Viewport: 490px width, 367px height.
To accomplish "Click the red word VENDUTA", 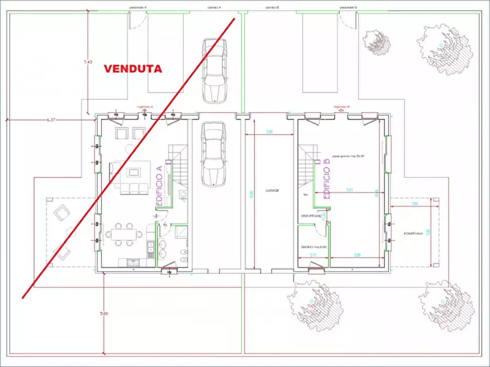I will click(x=133, y=69).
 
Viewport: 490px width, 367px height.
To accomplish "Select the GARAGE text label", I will click(x=272, y=191).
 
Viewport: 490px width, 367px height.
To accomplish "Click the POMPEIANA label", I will click(x=412, y=233).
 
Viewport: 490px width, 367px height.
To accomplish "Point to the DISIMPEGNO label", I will click(x=311, y=216).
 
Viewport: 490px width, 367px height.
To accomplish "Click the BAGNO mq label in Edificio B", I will click(x=314, y=247).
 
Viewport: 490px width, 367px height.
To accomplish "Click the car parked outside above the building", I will click(x=213, y=70).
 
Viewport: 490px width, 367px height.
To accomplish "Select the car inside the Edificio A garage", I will click(x=213, y=154).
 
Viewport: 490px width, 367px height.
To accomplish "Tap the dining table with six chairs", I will click(x=124, y=234).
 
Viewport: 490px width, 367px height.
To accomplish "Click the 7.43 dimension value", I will click(x=87, y=62).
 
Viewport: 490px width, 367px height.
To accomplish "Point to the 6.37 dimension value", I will click(x=52, y=119).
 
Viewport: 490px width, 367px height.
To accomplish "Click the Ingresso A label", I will click(x=145, y=106).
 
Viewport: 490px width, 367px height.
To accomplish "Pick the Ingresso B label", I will click(x=341, y=106).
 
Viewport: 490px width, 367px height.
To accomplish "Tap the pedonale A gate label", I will click(x=138, y=8).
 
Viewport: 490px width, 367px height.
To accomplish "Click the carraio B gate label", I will click(x=272, y=8).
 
